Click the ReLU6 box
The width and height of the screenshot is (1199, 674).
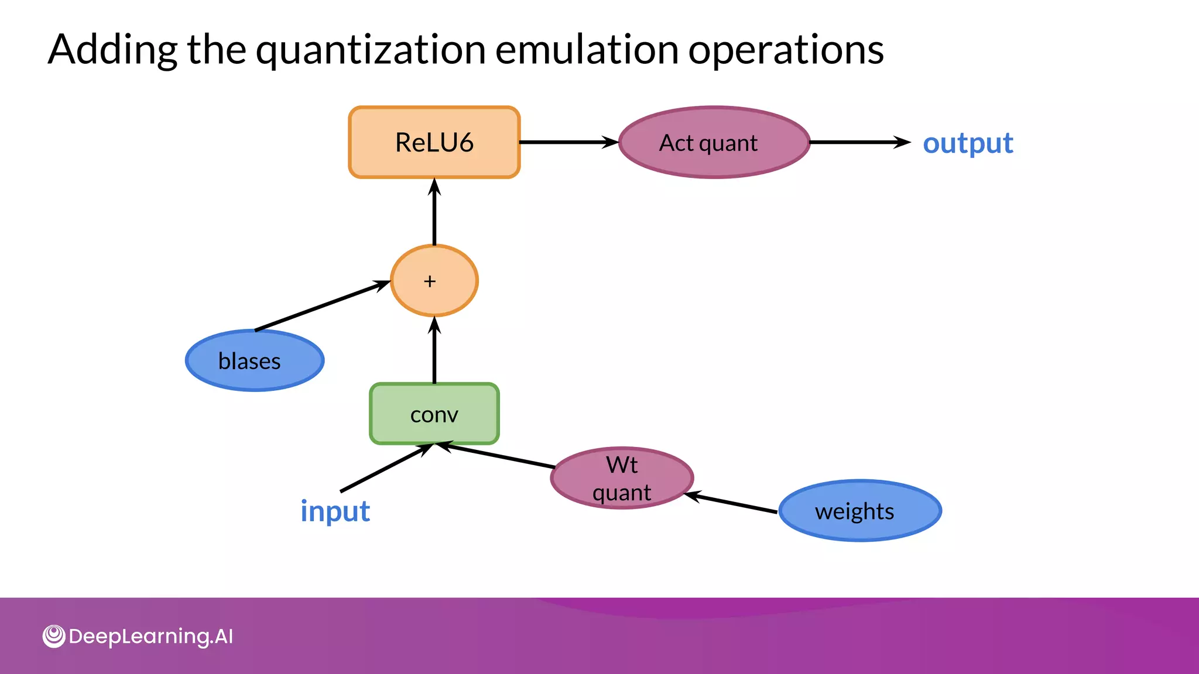tap(434, 142)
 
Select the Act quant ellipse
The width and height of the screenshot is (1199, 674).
tap(714, 142)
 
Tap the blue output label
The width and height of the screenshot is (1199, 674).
tap(967, 143)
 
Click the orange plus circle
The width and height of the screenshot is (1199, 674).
tap(434, 281)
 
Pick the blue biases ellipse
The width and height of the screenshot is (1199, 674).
tap(254, 360)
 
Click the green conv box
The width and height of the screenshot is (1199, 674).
tap(434, 414)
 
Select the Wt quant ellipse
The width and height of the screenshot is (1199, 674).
tap(622, 478)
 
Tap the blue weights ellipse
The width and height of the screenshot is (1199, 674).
tap(859, 511)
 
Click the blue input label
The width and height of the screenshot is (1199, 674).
tap(335, 511)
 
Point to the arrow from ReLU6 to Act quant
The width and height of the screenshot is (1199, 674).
tap(568, 142)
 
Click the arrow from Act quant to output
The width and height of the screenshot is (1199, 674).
tap(859, 142)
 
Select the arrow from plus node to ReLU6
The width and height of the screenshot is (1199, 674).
tap(434, 212)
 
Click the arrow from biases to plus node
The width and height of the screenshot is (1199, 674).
tap(322, 306)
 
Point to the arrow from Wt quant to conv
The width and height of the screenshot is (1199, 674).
tap(498, 456)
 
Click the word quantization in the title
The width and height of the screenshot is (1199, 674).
tap(371, 49)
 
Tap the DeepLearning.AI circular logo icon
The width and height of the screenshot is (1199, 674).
tap(54, 636)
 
